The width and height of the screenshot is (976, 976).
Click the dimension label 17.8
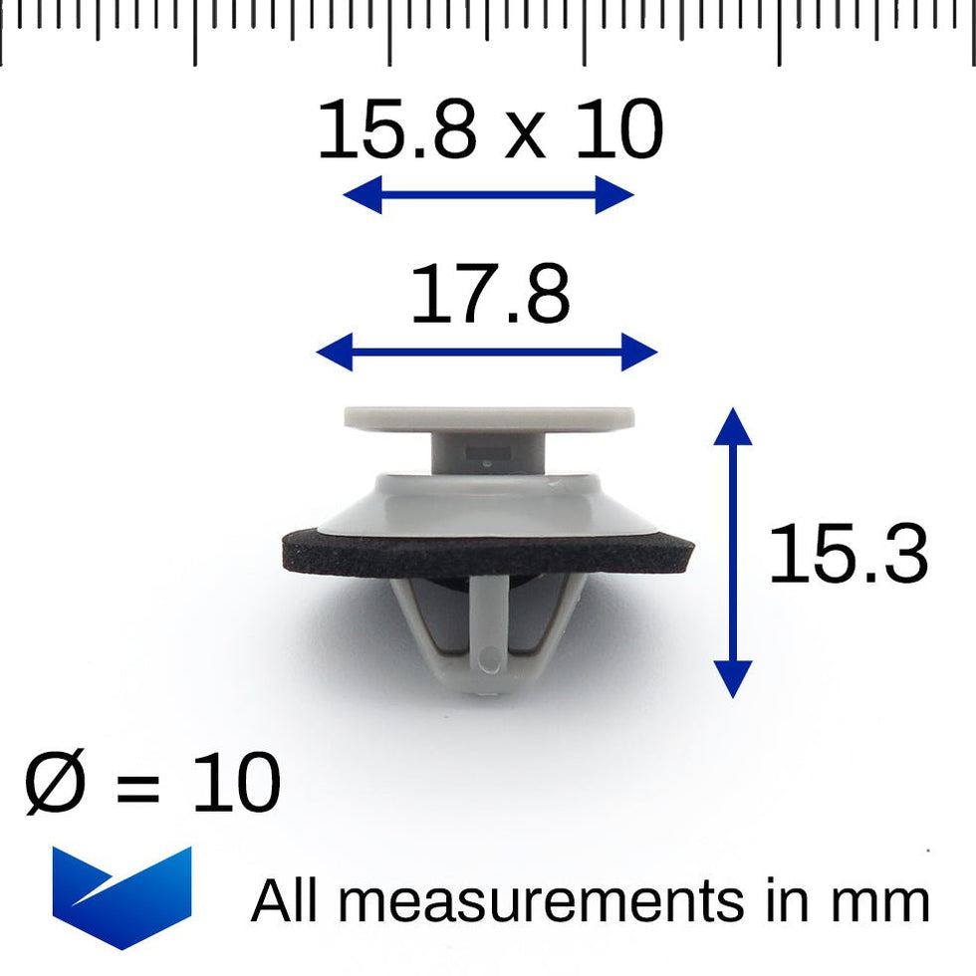pyautogui.click(x=490, y=293)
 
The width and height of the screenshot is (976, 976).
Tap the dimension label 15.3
pyautogui.click(x=849, y=554)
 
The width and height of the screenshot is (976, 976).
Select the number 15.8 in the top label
pyautogui.click(x=396, y=128)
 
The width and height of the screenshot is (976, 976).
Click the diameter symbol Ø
pyautogui.click(x=54, y=782)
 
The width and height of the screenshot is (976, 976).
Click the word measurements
pyautogui.click(x=541, y=900)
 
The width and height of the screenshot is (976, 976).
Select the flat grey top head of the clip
pyautogui.click(x=489, y=418)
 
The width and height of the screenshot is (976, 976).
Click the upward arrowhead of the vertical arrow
pyautogui.click(x=733, y=426)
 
